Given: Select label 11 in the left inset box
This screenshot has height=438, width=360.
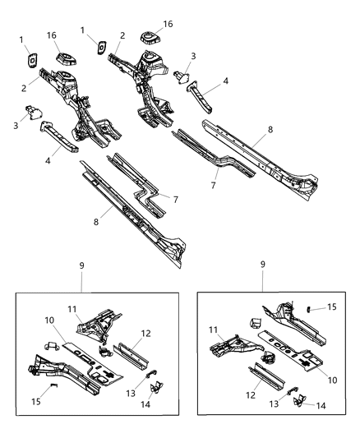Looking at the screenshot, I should pos(72,308).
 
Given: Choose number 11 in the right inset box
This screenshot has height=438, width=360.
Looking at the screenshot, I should pos(213,330).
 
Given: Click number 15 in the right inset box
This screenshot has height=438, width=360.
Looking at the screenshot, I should pos(331,307).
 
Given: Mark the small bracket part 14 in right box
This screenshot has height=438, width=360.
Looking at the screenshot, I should pos(297,400).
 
